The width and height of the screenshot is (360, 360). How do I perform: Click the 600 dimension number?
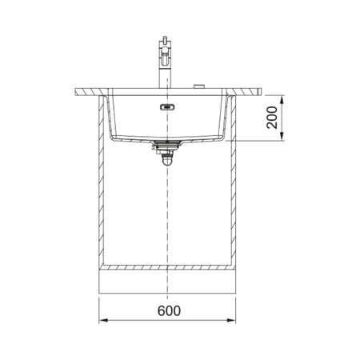click(169, 310)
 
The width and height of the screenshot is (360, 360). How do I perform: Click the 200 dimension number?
click(272, 118)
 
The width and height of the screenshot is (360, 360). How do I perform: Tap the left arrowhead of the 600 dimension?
click(103, 320)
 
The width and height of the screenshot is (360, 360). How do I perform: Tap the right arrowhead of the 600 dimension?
click(231, 320)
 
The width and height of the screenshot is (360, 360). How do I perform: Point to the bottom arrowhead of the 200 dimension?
click(282, 136)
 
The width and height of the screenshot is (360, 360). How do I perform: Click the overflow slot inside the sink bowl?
click(167, 107)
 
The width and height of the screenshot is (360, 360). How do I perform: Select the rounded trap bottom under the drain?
click(167, 162)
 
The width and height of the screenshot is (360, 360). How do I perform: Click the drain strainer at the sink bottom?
click(167, 143)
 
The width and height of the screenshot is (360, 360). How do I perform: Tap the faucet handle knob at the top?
click(165, 39)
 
